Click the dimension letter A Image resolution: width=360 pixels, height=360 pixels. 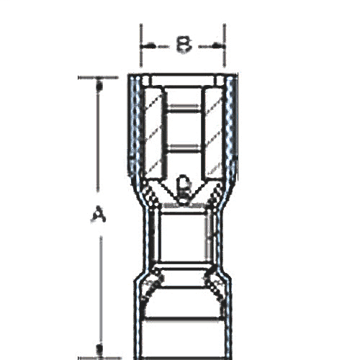pyautogui.click(x=99, y=214)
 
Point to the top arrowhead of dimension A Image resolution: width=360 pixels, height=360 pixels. pyautogui.click(x=99, y=82)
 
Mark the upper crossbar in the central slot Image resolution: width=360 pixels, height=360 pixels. pyautogui.click(x=183, y=108)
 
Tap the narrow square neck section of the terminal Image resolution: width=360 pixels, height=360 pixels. pyautogui.click(x=183, y=238)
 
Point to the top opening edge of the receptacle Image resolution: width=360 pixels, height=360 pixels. pyautogui.click(x=183, y=77)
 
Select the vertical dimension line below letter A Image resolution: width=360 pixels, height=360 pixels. pyautogui.click(x=99, y=288)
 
